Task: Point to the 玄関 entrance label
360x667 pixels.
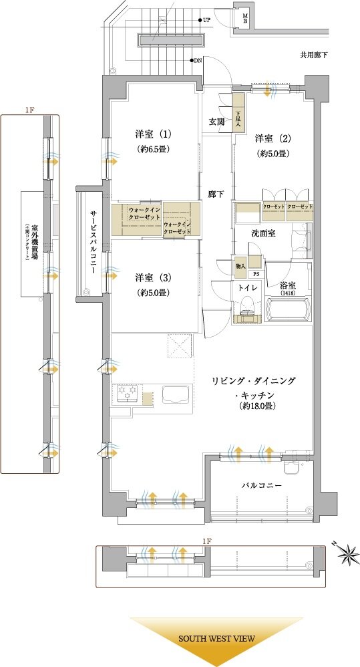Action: click(x=216, y=121)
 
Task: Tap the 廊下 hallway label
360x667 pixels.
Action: click(x=216, y=194)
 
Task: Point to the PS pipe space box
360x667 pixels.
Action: click(x=256, y=274)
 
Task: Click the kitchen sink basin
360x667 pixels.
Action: click(x=176, y=395)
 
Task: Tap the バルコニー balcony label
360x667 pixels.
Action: click(x=261, y=485)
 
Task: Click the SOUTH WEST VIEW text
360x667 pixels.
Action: click(x=216, y=639)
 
